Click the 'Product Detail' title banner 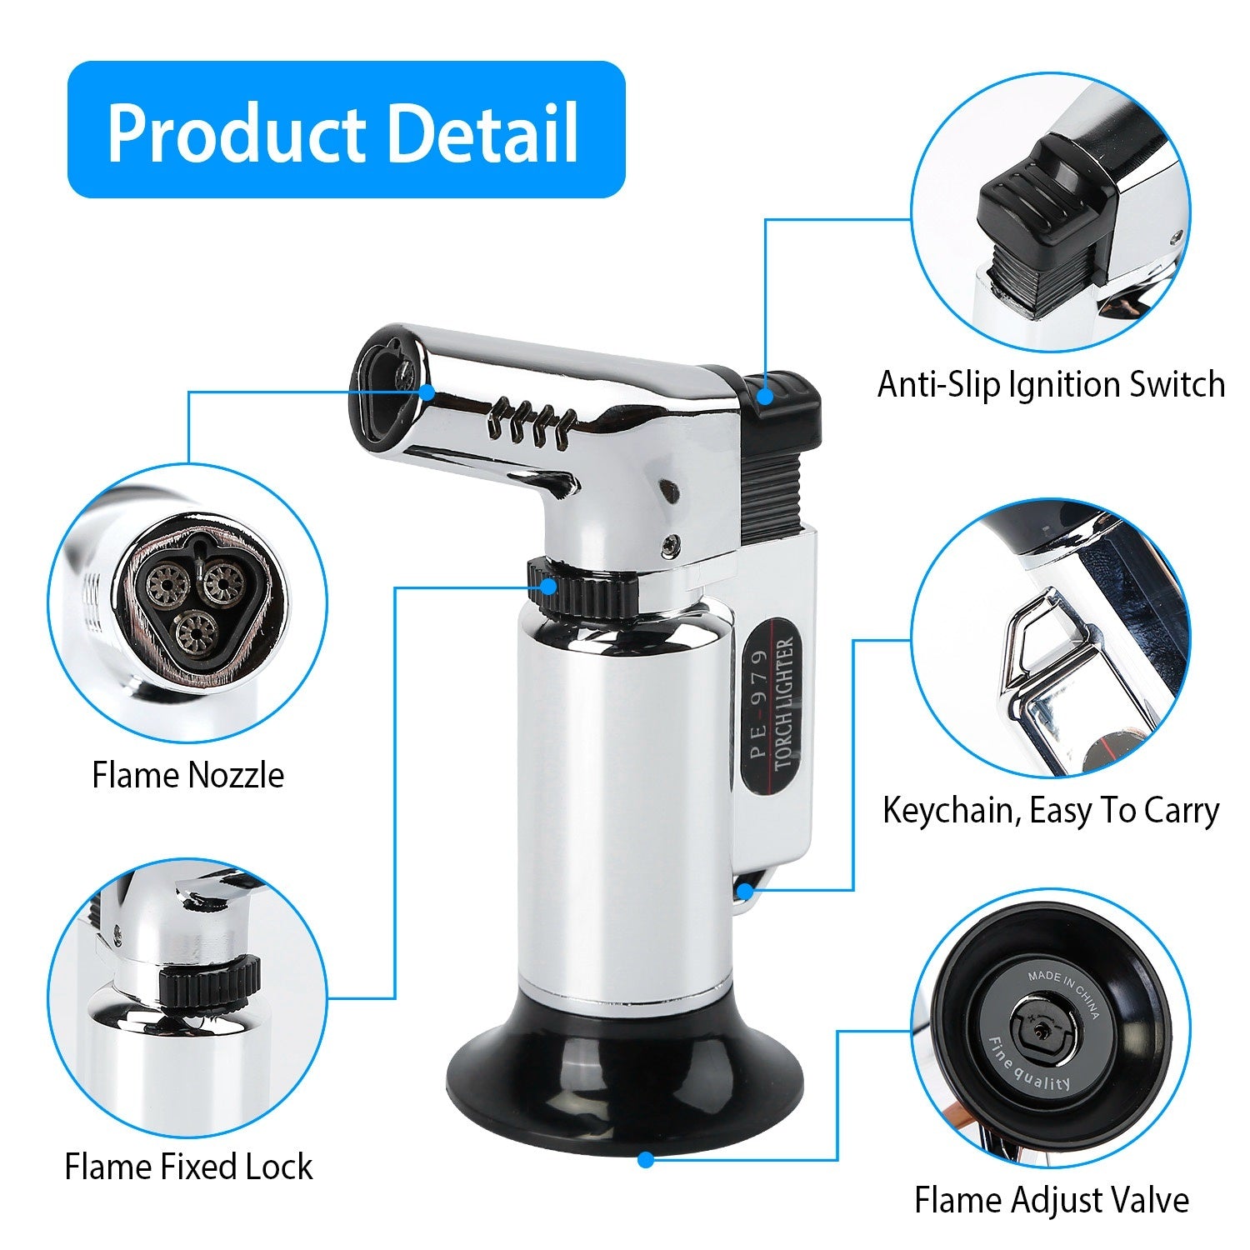click(345, 130)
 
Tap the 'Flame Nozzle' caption click(188, 775)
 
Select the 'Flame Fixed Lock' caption click(188, 1167)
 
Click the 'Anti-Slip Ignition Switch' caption click(1051, 385)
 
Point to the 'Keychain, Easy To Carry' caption click(1051, 810)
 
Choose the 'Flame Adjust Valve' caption click(1051, 1201)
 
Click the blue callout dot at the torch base click(645, 1158)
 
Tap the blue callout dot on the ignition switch click(765, 397)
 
